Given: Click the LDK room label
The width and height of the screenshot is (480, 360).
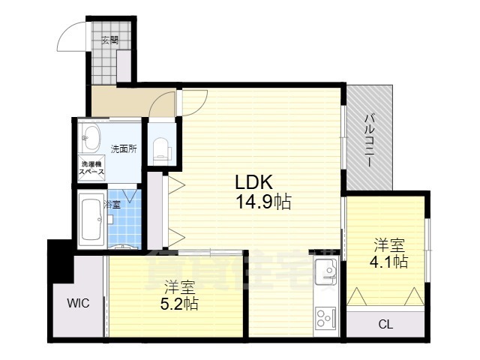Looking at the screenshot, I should pyautogui.click(x=248, y=183).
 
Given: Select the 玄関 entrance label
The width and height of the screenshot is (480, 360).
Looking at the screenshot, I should pyautogui.click(x=110, y=40).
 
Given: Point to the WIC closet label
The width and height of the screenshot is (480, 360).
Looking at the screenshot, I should pyautogui.click(x=78, y=303).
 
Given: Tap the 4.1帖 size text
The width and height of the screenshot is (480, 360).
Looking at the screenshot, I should pyautogui.click(x=390, y=262).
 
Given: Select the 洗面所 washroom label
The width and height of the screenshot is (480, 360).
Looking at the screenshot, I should pyautogui.click(x=124, y=148).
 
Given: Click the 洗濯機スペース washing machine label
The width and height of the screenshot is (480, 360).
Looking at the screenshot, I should pyautogui.click(x=93, y=168).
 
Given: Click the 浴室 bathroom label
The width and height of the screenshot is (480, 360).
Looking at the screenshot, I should pyautogui.click(x=112, y=204).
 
